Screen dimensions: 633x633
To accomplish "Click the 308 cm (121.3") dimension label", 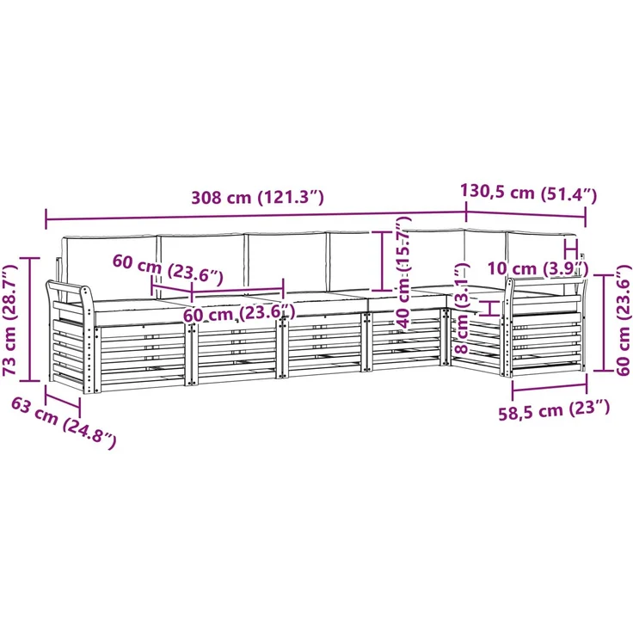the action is tap(257, 198).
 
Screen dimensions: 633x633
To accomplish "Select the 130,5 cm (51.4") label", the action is tap(528, 193).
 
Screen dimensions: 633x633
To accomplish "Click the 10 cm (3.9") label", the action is tap(538, 268).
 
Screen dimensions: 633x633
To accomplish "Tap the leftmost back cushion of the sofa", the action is tap(108, 267).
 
